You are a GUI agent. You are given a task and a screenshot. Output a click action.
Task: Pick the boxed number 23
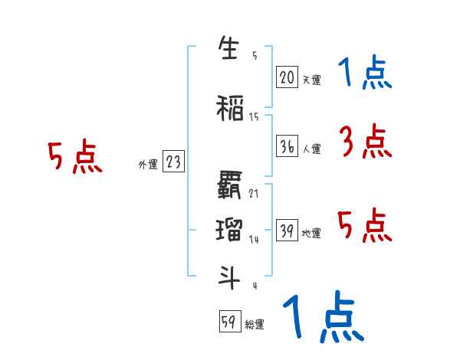173,162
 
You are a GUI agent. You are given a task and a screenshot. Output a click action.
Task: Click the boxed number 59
229,322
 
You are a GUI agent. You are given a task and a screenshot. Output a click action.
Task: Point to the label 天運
311,79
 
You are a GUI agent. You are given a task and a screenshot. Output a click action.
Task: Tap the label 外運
147,164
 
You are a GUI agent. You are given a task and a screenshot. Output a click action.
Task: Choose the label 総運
255,325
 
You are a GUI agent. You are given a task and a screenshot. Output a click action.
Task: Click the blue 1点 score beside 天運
366,74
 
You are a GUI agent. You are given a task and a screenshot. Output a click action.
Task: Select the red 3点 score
366,142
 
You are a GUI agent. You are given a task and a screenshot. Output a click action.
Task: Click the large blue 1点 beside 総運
322,317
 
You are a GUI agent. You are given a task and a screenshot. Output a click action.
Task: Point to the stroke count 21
254,193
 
